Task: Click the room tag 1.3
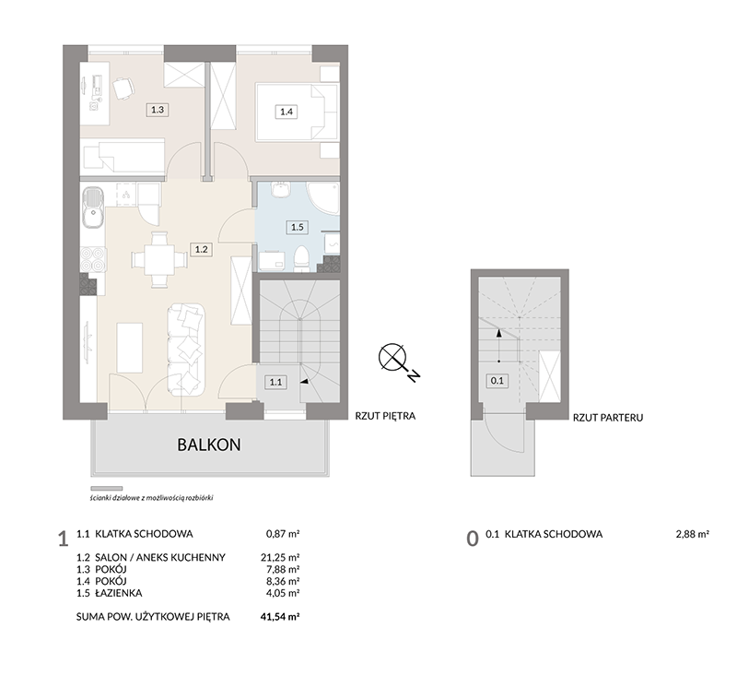[x=158, y=110]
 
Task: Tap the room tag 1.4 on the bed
[x=287, y=112]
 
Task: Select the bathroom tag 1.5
[x=297, y=227]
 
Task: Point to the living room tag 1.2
[x=201, y=249]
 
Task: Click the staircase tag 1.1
[x=275, y=382]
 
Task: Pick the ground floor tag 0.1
[x=497, y=381]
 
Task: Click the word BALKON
[x=209, y=445]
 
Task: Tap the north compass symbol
[x=399, y=362]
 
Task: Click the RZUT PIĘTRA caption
[x=385, y=416]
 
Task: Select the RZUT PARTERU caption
[x=608, y=417]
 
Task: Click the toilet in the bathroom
[x=300, y=259]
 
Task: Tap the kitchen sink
[x=93, y=207]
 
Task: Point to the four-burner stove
[x=93, y=259]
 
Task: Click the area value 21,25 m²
[x=280, y=557]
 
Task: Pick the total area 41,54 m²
[x=280, y=616]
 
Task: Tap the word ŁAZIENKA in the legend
[x=119, y=593]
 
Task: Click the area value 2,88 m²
[x=693, y=534]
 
